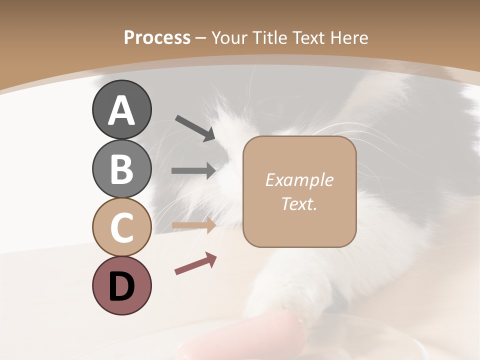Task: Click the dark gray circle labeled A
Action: [x=121, y=109]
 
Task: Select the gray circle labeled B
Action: [x=121, y=168]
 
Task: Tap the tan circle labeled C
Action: [x=121, y=227]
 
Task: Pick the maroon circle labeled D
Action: [x=121, y=285]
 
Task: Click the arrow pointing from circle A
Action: [x=195, y=127]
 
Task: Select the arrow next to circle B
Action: [x=193, y=170]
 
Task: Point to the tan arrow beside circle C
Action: [x=193, y=225]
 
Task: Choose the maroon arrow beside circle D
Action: [x=195, y=263]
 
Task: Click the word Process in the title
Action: [x=157, y=37]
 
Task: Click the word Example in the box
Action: [x=299, y=180]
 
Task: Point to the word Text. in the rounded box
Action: [x=299, y=203]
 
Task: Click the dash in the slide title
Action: [x=201, y=38]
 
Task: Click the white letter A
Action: [x=121, y=110]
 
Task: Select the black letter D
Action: [x=121, y=286]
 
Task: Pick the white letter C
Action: [x=121, y=227]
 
